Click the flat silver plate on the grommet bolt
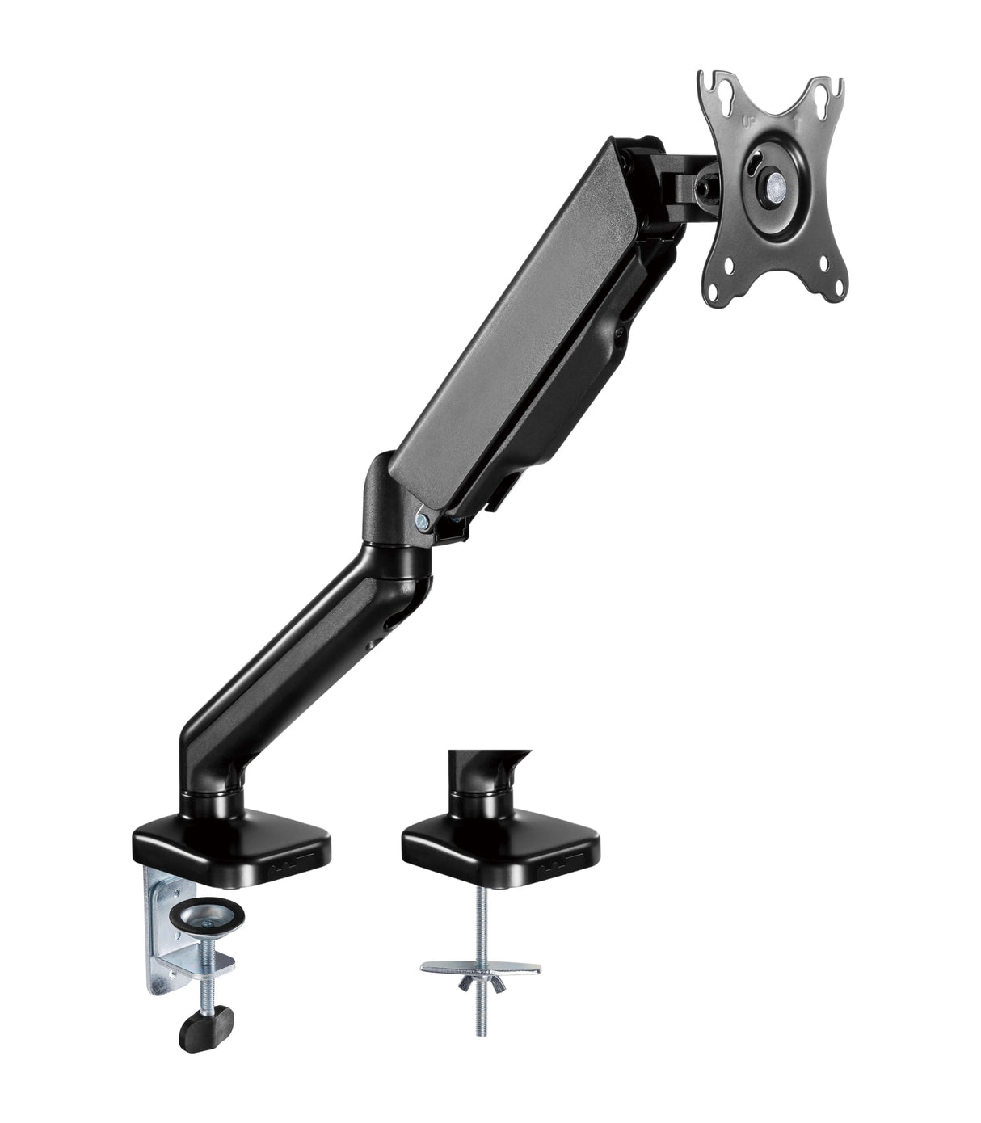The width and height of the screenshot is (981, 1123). coord(481,965)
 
